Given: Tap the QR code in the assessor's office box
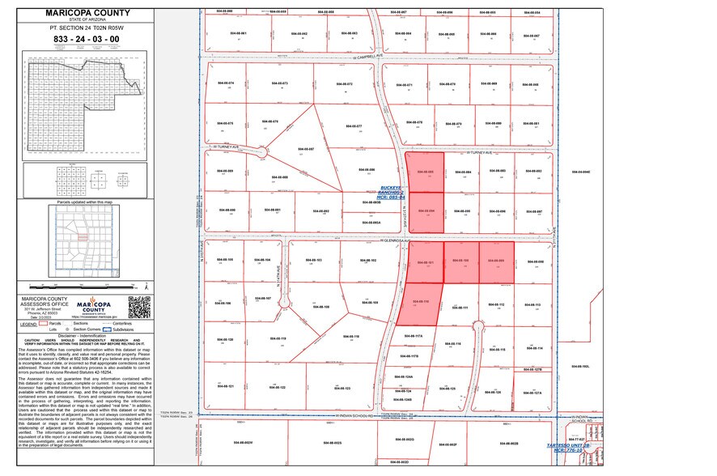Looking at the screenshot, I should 140,307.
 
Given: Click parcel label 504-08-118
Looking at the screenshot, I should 350,335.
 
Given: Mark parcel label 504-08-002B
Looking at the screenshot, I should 509,444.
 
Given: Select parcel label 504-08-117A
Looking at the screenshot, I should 414,335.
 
